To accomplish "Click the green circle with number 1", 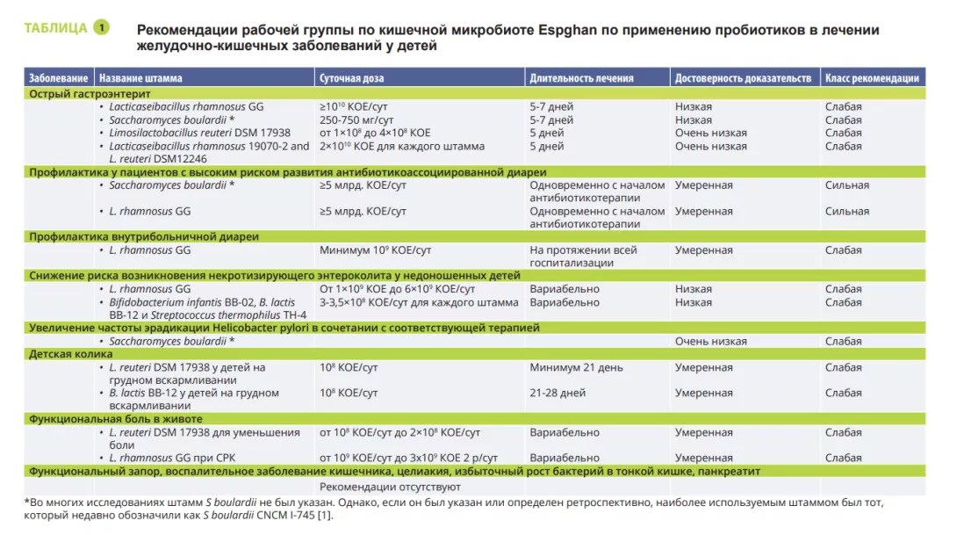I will pyautogui.click(x=101, y=27).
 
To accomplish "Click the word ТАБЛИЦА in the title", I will pyautogui.click(x=55, y=27).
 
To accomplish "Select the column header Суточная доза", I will pyautogui.click(x=352, y=78).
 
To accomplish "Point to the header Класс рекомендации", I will pyautogui.click(x=872, y=78).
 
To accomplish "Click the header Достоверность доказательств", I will pyautogui.click(x=743, y=78).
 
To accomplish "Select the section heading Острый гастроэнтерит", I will pyautogui.click(x=90, y=93).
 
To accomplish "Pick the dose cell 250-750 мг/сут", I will pyautogui.click(x=356, y=120).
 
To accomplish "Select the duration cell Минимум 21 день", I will pyautogui.click(x=576, y=367).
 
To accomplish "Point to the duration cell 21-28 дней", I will pyautogui.click(x=558, y=393).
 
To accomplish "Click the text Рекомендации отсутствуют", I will pyautogui.click(x=390, y=486).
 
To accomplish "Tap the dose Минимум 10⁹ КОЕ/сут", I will pyautogui.click(x=375, y=250).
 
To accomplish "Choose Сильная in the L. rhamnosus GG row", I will pyautogui.click(x=847, y=211).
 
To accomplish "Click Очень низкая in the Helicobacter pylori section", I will pyautogui.click(x=711, y=342).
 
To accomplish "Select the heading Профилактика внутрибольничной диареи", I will pyautogui.click(x=144, y=236).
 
